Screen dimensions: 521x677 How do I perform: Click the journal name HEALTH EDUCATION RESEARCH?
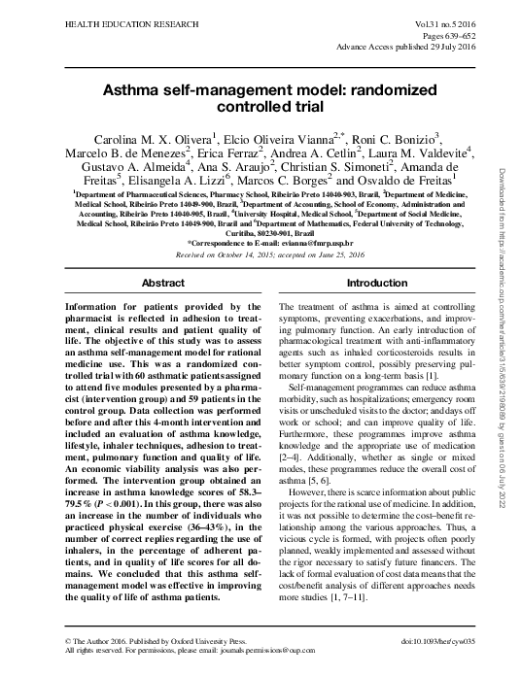tap(79, 19)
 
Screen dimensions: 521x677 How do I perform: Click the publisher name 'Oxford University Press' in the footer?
tap(198, 642)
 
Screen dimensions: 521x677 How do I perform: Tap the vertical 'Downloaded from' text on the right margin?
tap(505, 204)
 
